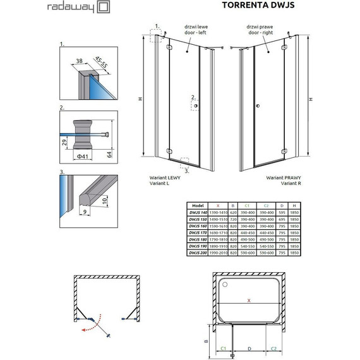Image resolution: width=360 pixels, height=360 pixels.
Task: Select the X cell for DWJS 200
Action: (x=218, y=253)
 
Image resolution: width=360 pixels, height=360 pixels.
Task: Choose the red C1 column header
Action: (x=247, y=206)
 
